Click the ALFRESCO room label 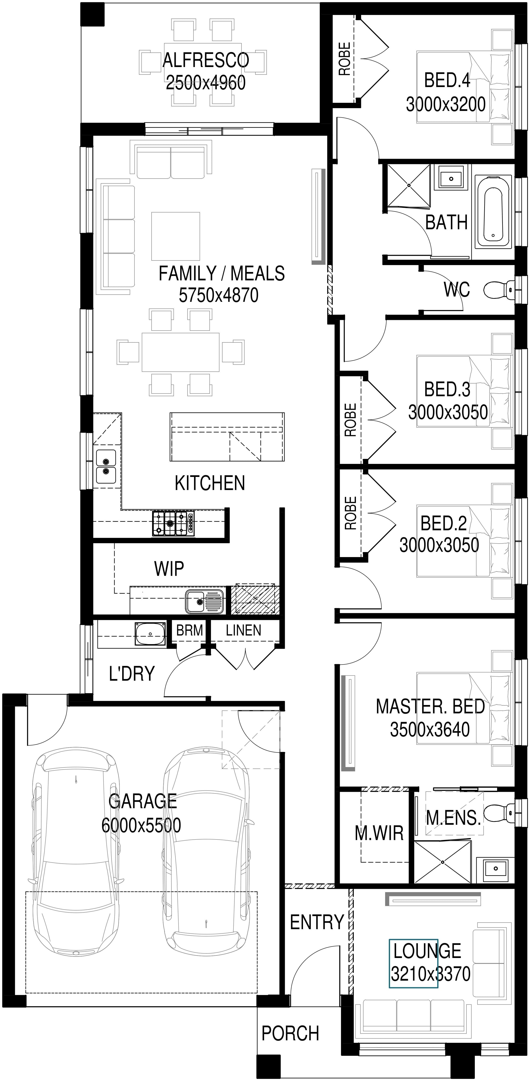206,60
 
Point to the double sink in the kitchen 106,466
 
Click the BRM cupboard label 189,630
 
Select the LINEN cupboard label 243,630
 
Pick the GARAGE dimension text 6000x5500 141,825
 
